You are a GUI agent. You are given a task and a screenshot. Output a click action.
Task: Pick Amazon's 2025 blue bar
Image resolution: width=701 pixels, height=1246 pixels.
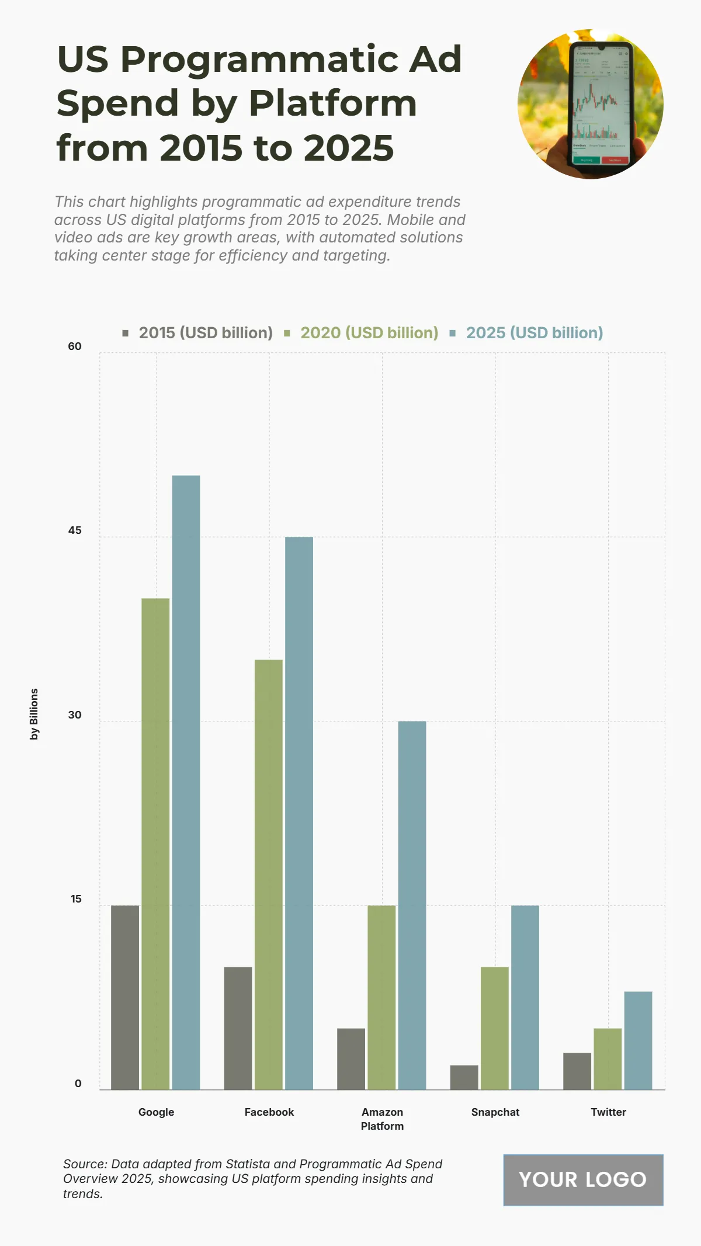(x=412, y=905)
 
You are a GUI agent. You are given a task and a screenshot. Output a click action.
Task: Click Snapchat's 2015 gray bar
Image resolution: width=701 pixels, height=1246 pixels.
(x=464, y=1077)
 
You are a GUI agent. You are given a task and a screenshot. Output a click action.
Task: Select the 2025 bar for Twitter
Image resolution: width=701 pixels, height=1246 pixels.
(x=638, y=1040)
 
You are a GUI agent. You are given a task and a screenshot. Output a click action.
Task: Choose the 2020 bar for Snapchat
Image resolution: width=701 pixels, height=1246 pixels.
(x=494, y=1028)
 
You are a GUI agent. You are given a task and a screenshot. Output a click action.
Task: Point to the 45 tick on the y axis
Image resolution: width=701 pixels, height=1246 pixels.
(x=75, y=530)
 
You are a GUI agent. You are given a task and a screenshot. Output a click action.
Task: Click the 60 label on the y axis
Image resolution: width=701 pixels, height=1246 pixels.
(x=75, y=346)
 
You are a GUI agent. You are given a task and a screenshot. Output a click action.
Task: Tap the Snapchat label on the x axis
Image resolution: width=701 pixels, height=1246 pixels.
(x=495, y=1112)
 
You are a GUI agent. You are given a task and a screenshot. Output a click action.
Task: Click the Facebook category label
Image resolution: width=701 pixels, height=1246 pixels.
(x=269, y=1112)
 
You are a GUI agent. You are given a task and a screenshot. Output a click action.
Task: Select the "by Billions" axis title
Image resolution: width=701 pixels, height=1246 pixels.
(x=34, y=714)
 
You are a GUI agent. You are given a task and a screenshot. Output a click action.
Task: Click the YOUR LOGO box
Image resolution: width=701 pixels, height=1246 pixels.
(x=583, y=1180)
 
